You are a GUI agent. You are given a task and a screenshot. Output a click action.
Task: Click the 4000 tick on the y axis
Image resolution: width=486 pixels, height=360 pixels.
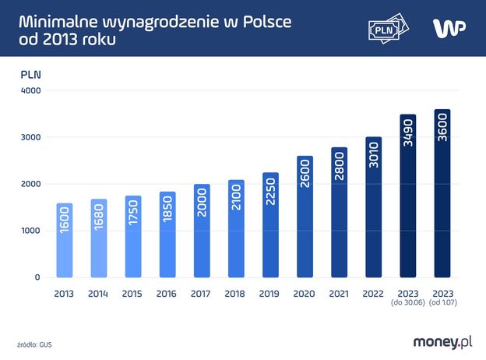pyautogui.click(x=31, y=90)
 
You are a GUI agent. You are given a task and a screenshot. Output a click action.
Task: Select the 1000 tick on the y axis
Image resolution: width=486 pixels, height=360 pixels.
pyautogui.click(x=31, y=231)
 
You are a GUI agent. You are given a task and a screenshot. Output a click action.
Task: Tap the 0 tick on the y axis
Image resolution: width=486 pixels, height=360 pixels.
pyautogui.click(x=37, y=277)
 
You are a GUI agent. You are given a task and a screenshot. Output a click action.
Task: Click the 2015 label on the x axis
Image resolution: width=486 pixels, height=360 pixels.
pyautogui.click(x=133, y=294)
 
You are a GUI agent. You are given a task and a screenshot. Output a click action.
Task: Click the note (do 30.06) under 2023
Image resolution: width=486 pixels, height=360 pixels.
pyautogui.click(x=407, y=304)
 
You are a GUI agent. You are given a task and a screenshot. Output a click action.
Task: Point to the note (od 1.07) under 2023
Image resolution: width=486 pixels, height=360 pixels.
pyautogui.click(x=442, y=304)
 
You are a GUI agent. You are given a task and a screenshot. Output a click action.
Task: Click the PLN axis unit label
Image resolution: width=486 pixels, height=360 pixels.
pyautogui.click(x=30, y=75)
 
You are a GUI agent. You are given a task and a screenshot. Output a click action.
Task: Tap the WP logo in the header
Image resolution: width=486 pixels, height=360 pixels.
pyautogui.click(x=449, y=28)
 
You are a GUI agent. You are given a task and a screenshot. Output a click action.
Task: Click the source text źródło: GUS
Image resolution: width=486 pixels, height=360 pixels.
pyautogui.click(x=36, y=343)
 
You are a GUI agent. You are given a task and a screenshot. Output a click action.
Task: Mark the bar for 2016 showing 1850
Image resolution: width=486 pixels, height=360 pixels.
pyautogui.click(x=167, y=235)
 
